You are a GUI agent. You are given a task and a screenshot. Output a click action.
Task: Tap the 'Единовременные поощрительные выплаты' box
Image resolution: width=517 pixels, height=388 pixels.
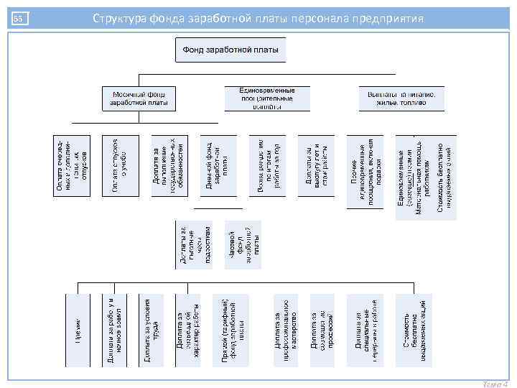[x=268, y=98]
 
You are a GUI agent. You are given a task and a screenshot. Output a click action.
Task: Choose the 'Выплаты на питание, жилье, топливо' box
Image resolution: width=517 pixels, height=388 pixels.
[x=401, y=98]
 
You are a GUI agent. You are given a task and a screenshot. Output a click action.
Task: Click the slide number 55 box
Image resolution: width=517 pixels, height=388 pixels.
[x=19, y=18]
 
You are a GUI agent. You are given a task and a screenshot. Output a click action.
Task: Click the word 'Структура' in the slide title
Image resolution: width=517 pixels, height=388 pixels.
[x=118, y=17]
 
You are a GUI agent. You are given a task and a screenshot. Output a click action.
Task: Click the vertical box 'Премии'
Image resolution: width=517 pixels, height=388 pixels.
[x=78, y=328]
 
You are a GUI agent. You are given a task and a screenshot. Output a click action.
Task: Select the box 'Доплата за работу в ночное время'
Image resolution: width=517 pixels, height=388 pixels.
[x=116, y=328]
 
